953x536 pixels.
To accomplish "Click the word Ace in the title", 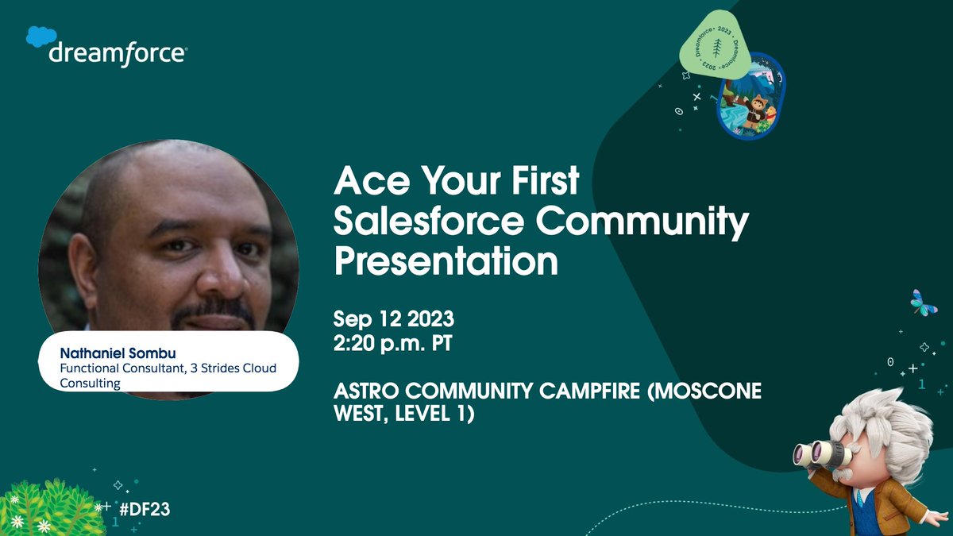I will [364, 184].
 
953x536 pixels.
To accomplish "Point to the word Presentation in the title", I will [446, 261].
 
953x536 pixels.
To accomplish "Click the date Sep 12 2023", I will [393, 321].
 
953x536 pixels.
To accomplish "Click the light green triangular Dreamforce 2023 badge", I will [716, 44].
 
